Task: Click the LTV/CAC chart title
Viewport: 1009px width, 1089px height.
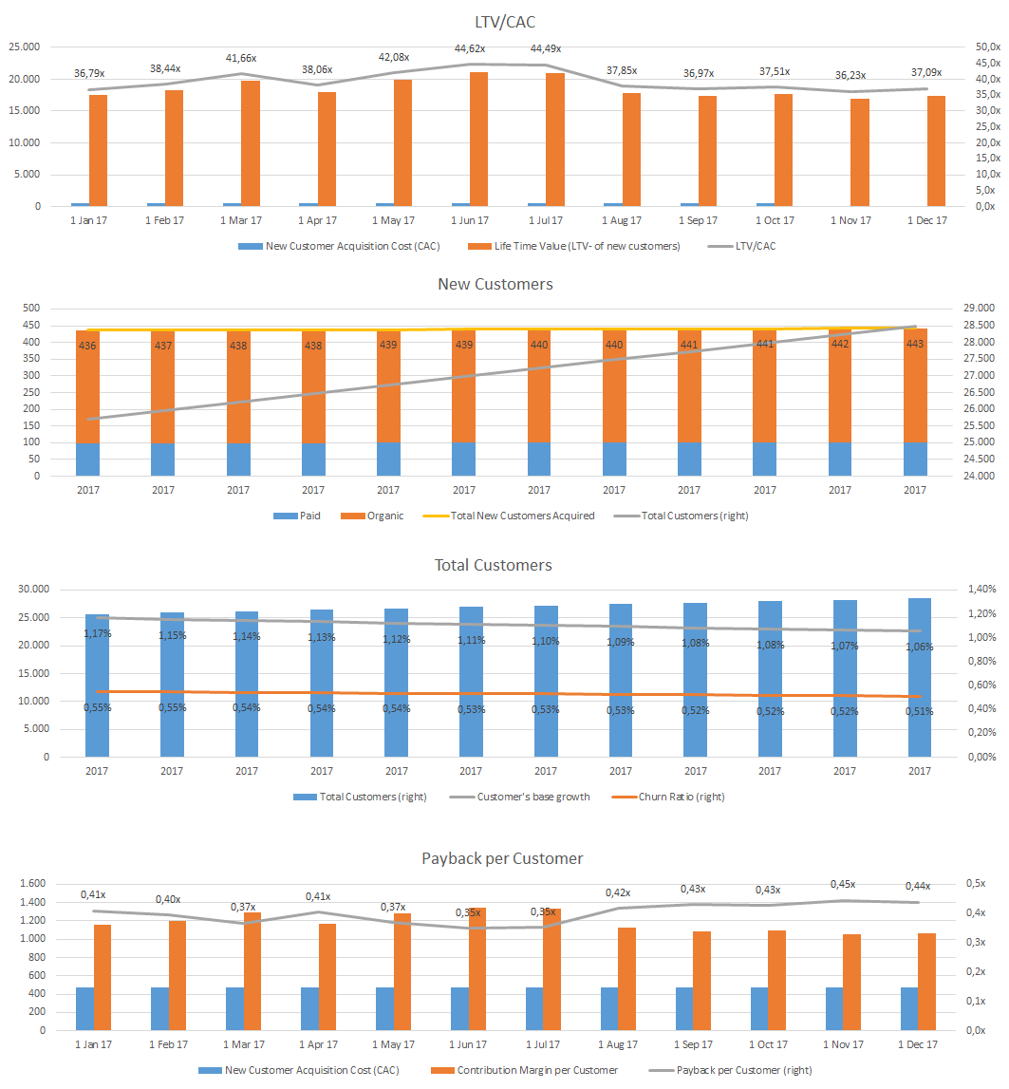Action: pos(504,21)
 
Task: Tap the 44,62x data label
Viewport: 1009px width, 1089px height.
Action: pos(470,48)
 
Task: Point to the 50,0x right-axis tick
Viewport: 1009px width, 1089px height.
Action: pos(987,47)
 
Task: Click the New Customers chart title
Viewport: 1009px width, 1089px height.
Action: pos(495,284)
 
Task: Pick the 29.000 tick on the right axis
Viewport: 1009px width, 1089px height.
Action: pos(978,309)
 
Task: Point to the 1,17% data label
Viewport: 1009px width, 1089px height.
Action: pos(97,633)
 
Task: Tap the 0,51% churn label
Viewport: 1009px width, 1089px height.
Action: pos(919,711)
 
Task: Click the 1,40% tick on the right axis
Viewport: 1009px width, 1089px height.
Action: pos(983,590)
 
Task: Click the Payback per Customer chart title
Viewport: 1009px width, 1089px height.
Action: pos(502,858)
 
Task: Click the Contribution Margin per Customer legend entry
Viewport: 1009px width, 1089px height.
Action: pos(537,1070)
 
